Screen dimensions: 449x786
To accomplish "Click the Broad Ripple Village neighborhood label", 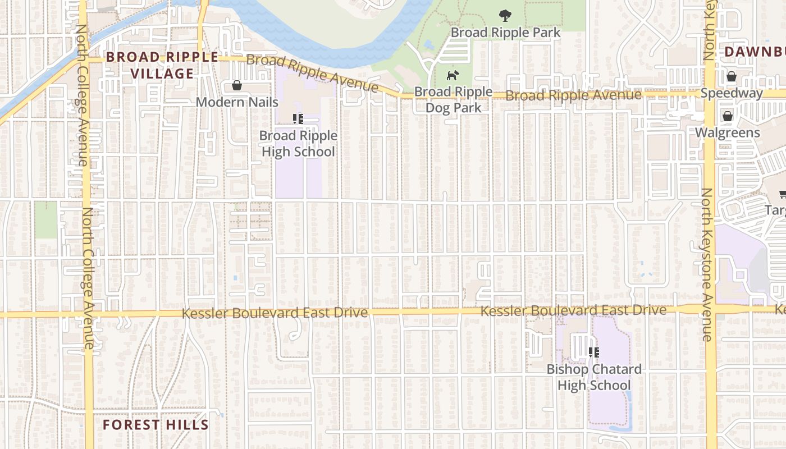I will point(162,65).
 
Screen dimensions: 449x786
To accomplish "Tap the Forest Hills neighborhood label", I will point(156,425).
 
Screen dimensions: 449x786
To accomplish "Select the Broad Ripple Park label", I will point(505,33).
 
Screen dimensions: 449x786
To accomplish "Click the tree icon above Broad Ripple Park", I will point(505,16).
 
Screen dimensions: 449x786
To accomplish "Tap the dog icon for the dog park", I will point(452,75).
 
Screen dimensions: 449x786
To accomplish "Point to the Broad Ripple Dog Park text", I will point(453,99).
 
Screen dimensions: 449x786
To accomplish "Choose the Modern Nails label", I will point(237,102).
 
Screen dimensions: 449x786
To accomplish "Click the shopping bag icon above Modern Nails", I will point(237,86).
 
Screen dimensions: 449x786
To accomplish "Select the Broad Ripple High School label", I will point(298,144).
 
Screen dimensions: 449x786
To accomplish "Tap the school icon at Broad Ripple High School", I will point(298,118).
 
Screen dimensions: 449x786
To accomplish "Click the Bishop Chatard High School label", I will point(594,377).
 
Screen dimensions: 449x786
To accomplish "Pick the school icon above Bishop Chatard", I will point(594,352).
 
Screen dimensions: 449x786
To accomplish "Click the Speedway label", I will point(732,93).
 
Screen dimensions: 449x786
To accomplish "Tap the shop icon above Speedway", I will point(732,76).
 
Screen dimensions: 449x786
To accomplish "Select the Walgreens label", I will point(728,133).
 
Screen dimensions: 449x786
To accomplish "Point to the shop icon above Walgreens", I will point(728,116).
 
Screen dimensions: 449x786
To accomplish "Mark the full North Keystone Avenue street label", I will point(706,264).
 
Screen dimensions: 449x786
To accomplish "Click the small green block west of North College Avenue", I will point(46,219).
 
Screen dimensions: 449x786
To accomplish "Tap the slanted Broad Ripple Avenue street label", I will point(312,73).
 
